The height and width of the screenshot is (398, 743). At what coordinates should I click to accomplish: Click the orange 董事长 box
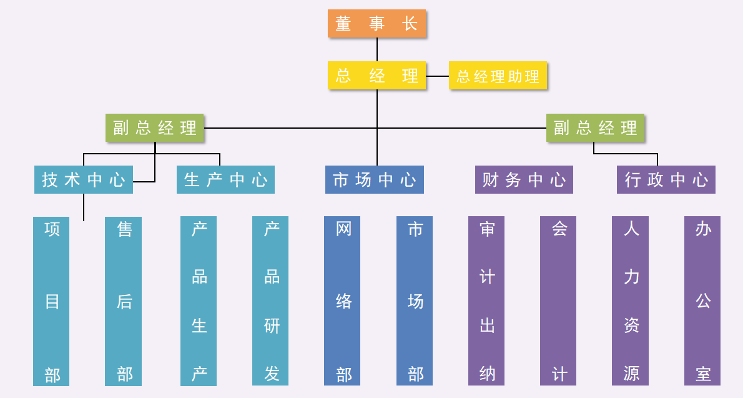click(x=376, y=24)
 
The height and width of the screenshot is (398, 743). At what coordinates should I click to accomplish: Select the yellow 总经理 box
click(x=376, y=76)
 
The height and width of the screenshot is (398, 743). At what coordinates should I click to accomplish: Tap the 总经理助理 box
click(x=498, y=76)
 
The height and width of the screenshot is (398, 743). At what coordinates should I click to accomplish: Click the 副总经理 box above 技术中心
click(x=155, y=127)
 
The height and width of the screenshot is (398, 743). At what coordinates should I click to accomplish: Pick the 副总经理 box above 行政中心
click(x=595, y=127)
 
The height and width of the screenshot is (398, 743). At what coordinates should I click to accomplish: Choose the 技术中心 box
click(x=83, y=180)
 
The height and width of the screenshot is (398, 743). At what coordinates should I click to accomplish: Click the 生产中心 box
click(x=225, y=180)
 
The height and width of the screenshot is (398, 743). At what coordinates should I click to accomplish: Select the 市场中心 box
click(x=374, y=180)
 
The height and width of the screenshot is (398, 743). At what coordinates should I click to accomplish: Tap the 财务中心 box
click(x=524, y=180)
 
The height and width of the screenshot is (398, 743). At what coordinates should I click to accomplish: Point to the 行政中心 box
click(x=666, y=180)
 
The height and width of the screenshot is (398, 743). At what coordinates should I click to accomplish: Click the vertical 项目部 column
click(x=51, y=301)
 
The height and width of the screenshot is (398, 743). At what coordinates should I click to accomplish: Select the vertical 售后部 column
click(x=124, y=301)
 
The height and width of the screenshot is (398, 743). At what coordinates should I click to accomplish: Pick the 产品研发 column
click(x=270, y=301)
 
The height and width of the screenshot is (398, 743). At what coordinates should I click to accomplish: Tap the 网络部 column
click(x=342, y=301)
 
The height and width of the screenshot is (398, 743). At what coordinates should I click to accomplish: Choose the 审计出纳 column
click(x=486, y=301)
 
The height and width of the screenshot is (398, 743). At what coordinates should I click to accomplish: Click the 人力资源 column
click(x=630, y=301)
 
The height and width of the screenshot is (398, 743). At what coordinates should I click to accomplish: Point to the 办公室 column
click(x=702, y=301)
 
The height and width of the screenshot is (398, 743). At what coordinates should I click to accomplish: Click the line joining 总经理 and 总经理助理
click(x=438, y=76)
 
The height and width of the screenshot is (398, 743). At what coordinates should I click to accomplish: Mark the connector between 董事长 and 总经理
click(x=377, y=49)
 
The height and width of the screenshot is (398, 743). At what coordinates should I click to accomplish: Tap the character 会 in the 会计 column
click(x=559, y=229)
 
